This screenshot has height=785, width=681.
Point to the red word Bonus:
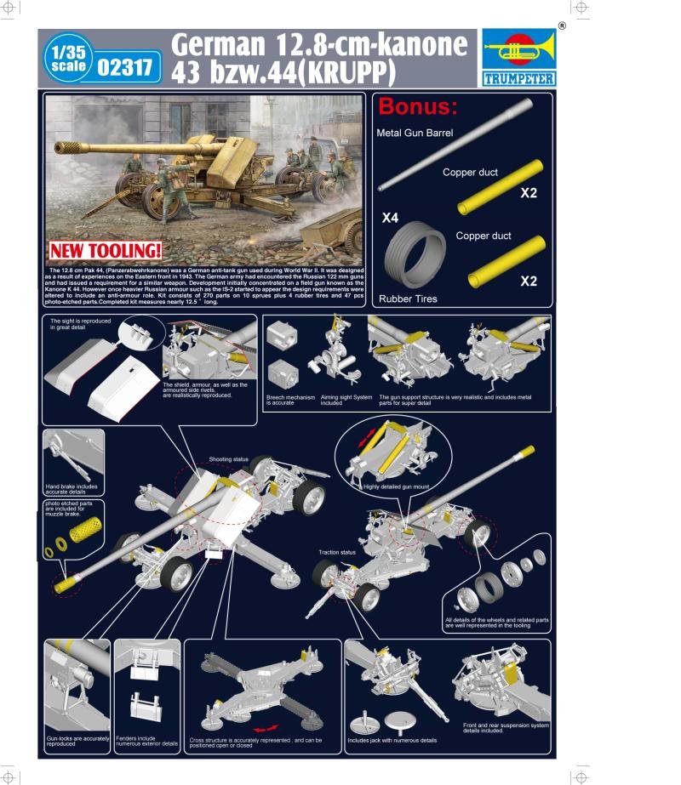418,107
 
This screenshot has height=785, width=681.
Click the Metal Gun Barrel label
415,133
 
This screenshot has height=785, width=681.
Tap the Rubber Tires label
408,299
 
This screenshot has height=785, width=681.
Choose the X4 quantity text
390,219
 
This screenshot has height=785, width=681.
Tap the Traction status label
337,553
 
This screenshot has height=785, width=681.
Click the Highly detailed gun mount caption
395,487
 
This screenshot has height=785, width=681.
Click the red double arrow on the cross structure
267,728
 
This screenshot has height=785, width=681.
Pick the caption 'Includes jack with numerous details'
392,740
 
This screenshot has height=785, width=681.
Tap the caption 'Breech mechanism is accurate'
290,400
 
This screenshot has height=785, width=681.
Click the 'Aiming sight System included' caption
345,400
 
